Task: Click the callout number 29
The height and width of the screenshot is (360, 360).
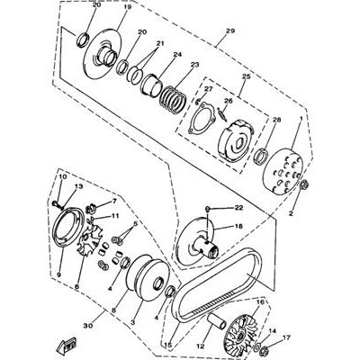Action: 230,31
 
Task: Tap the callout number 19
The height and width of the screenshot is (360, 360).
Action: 128,7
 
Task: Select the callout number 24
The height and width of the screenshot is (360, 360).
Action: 185,55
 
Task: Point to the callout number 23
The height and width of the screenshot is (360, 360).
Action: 194,65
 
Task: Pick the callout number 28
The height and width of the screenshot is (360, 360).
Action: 276,120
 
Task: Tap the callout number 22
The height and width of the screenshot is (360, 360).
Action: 239,207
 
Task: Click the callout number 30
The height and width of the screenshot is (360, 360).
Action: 88,326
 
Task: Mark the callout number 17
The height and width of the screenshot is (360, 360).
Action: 287,338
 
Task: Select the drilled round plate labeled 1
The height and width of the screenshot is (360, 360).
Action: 282,170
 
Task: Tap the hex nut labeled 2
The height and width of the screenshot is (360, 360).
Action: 303,184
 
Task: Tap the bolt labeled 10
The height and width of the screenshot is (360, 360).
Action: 57,205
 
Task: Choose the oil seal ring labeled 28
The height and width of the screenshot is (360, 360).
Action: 261,157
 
